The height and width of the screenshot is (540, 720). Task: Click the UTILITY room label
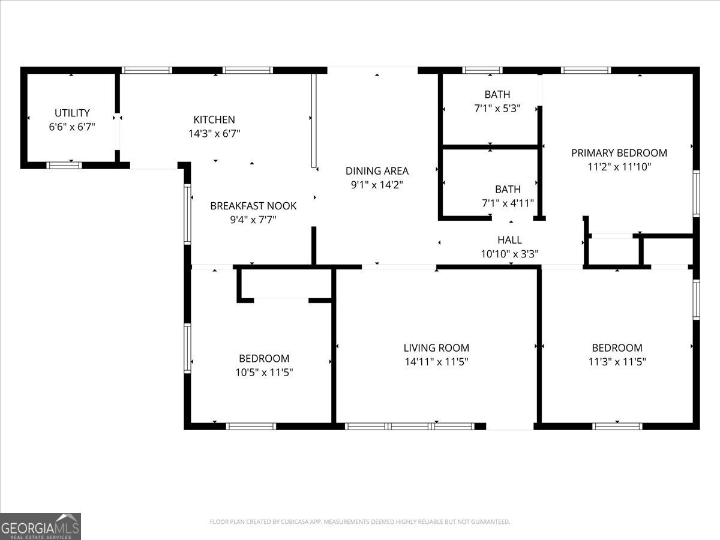(72, 113)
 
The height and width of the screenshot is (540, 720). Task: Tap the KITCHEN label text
(214, 119)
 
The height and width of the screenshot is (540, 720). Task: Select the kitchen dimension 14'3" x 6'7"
(214, 134)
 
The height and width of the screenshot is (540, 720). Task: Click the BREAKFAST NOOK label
(253, 206)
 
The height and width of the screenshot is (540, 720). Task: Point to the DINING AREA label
(377, 171)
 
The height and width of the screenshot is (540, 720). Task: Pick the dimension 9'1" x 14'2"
(377, 185)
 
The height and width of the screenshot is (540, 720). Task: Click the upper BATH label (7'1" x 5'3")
(497, 94)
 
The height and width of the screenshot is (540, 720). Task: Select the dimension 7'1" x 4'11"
(508, 203)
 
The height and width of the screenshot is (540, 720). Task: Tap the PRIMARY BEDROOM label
(619, 152)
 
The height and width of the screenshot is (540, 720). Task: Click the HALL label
(509, 239)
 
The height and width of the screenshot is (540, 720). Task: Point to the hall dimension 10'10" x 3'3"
(509, 254)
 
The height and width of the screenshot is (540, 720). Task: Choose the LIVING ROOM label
(436, 347)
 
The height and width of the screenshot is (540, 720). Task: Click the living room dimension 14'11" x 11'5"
(436, 362)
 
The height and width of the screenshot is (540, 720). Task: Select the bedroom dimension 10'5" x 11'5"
(264, 373)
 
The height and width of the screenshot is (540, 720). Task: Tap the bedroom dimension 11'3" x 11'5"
(617, 362)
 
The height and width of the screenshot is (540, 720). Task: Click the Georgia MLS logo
(40, 526)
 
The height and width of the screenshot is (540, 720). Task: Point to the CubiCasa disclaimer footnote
(360, 522)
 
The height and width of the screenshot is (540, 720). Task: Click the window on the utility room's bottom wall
(64, 165)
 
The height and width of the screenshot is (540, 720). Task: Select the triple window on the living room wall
(410, 427)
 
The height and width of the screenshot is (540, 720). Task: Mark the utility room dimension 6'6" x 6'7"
(72, 127)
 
